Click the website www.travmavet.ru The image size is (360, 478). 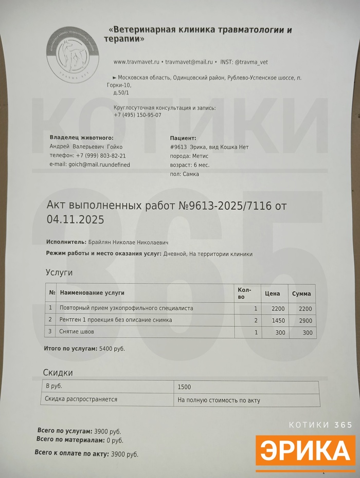[x=136, y=62]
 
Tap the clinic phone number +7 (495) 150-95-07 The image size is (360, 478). [x=137, y=115]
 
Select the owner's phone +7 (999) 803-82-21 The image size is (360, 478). [x=101, y=156]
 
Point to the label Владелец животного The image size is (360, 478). [x=81, y=138]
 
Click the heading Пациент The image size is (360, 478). [x=183, y=138]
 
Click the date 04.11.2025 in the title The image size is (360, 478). [x=76, y=220]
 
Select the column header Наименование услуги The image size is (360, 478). [x=92, y=293]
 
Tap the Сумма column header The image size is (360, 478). [x=301, y=294]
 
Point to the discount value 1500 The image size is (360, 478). [x=184, y=387]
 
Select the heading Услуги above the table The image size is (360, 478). [x=59, y=272]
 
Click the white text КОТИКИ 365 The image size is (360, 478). [x=321, y=425]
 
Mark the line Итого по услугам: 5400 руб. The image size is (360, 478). [x=84, y=348]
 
